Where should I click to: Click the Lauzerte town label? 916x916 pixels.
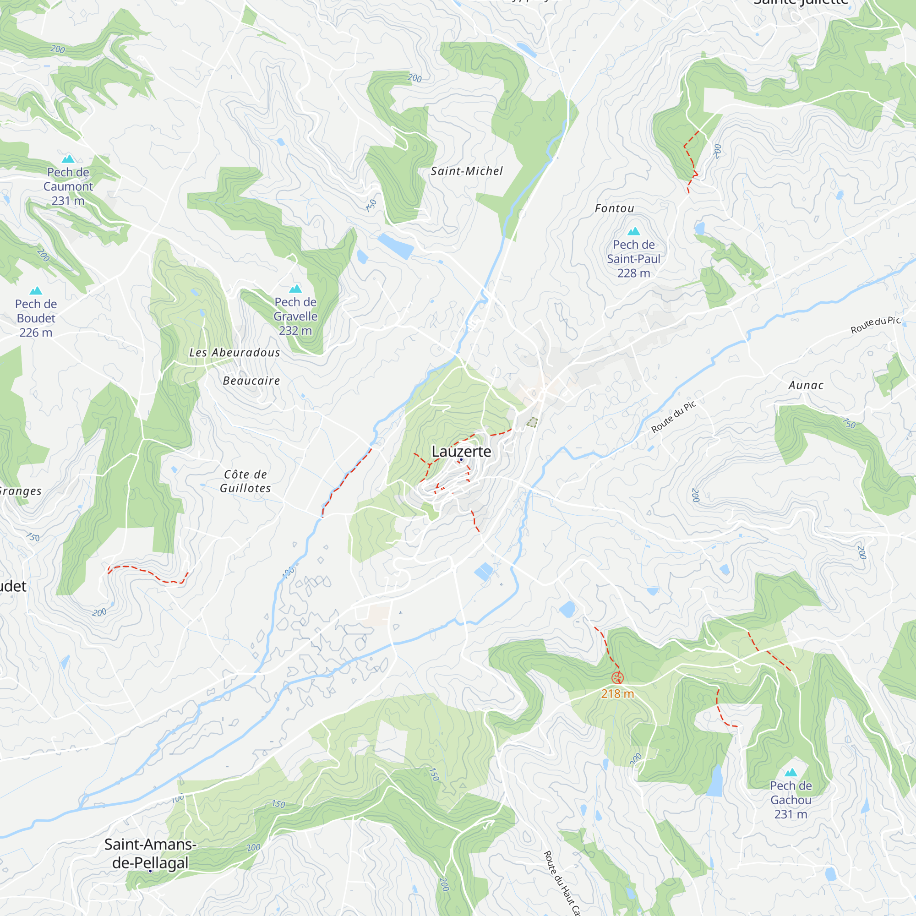click(461, 452)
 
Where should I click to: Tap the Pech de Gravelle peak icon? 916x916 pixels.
click(295, 289)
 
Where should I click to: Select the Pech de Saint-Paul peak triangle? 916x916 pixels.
click(634, 231)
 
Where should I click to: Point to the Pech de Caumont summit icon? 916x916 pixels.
click(68, 159)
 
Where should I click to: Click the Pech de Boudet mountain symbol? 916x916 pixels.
click(36, 291)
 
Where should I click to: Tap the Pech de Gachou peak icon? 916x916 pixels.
click(791, 773)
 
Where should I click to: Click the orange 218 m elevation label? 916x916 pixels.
click(617, 694)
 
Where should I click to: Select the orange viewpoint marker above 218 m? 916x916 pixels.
click(617, 678)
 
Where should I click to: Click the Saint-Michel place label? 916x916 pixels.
click(467, 171)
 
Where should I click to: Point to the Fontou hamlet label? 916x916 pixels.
click(615, 208)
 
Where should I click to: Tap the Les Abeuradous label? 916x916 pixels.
click(234, 353)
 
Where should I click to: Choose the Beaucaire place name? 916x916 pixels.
click(251, 381)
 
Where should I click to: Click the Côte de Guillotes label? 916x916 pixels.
click(245, 481)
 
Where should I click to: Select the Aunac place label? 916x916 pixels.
click(806, 386)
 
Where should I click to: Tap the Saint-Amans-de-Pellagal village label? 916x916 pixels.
click(150, 853)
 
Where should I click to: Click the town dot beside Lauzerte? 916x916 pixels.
click(461, 459)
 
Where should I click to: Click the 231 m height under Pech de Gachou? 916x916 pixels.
click(791, 814)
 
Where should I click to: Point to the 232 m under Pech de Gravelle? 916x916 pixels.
click(295, 331)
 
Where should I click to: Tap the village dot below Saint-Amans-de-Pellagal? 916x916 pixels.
click(150, 871)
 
